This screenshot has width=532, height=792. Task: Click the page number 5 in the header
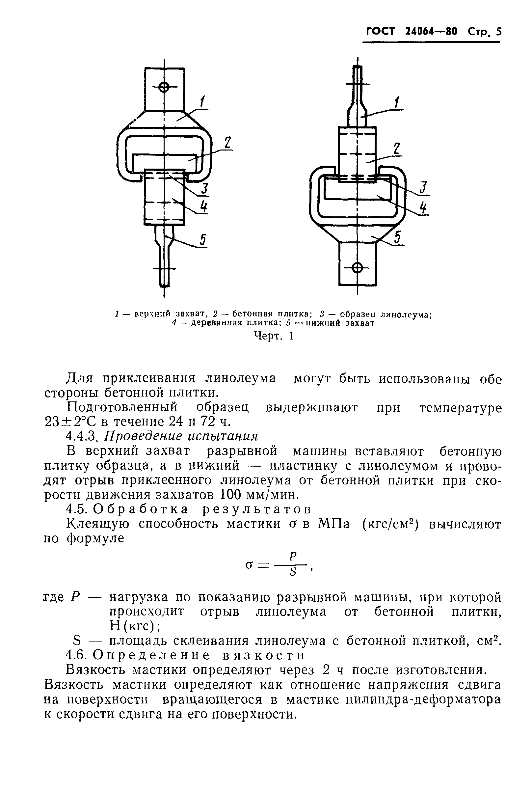click(498, 32)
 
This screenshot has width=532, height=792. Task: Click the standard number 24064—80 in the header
click(431, 32)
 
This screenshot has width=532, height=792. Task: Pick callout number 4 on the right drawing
click(423, 207)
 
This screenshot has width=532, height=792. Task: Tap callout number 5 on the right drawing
click(398, 237)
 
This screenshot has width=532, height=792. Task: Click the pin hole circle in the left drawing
click(164, 88)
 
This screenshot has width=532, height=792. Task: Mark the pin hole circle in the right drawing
click(357, 267)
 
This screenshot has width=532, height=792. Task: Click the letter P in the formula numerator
click(293, 556)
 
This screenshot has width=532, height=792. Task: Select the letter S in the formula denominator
click(293, 573)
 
